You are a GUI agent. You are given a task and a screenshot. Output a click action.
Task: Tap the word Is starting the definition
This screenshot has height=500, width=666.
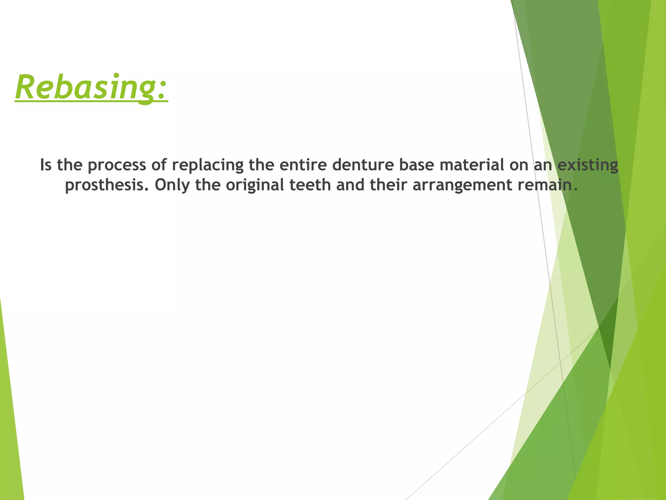pos(46,165)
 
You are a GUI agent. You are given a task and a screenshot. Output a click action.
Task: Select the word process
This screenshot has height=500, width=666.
pos(117,165)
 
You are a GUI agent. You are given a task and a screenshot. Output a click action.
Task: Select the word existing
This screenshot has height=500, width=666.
pos(588,165)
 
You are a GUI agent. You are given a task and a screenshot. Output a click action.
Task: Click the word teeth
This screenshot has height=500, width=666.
pos(310,185)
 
